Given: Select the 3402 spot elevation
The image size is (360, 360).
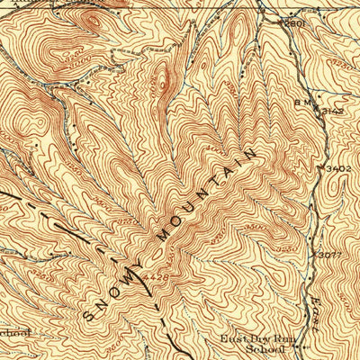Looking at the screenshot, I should click(337, 168).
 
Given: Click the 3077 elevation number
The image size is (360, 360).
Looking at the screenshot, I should click(330, 256).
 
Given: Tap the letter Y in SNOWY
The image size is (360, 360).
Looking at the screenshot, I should click(137, 268).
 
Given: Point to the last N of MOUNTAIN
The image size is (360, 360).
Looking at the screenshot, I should click(248, 155).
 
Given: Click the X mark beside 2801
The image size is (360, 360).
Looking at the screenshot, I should click(282, 21).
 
